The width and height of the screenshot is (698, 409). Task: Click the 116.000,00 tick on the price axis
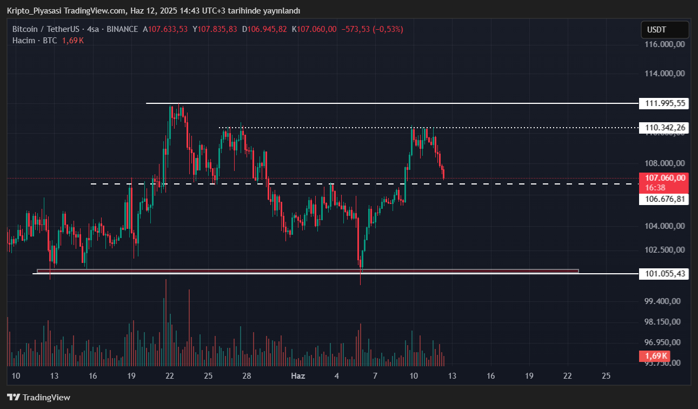click(664, 44)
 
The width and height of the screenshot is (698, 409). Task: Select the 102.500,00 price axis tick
click(664, 249)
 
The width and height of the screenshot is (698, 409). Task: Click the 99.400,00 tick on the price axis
click(664, 301)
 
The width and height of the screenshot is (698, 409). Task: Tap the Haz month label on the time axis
click(298, 375)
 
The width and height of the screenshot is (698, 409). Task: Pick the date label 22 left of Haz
click(170, 375)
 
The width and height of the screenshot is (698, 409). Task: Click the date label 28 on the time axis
click(247, 375)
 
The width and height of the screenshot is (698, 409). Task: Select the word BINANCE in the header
click(122, 29)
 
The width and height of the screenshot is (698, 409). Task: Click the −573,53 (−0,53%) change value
click(372, 29)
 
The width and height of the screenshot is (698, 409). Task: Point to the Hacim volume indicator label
click(24, 41)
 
